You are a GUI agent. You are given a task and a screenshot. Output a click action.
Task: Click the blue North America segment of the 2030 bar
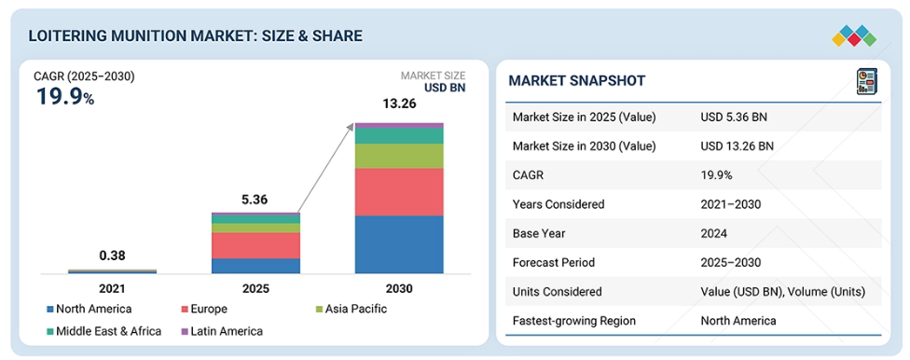click(399, 243)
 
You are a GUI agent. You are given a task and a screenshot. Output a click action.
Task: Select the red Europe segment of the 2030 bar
click(399, 191)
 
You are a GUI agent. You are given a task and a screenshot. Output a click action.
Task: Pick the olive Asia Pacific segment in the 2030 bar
click(399, 156)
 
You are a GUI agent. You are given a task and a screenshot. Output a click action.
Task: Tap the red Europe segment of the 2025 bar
click(255, 245)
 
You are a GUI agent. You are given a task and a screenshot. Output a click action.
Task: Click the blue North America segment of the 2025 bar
click(255, 266)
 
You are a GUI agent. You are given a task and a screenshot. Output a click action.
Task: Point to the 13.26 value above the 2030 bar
click(399, 104)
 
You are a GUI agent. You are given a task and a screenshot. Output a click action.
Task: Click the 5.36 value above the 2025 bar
click(255, 201)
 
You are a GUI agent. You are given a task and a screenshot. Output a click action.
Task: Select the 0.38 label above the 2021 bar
click(112, 256)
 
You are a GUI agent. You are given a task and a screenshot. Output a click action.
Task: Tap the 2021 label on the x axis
click(112, 288)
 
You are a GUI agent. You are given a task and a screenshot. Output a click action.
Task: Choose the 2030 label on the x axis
click(399, 288)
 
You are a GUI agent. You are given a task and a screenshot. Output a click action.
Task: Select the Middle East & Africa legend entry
click(104, 331)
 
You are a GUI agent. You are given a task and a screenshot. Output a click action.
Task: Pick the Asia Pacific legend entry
click(352, 309)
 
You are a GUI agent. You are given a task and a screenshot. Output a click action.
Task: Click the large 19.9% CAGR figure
click(65, 96)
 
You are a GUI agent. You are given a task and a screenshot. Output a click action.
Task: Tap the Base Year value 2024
click(714, 233)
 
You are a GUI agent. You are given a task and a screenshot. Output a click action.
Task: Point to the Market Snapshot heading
click(577, 81)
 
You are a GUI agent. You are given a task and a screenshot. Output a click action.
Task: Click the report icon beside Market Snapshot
click(867, 81)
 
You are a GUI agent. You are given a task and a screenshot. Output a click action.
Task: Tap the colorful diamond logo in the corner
click(854, 36)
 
